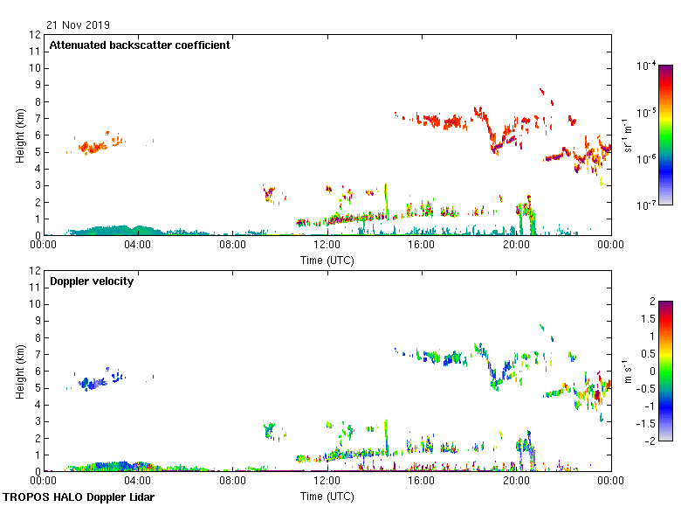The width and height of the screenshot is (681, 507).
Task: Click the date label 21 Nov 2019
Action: click(79, 24)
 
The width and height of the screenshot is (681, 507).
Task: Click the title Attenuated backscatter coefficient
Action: click(140, 45)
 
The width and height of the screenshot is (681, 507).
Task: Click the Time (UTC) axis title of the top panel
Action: click(327, 260)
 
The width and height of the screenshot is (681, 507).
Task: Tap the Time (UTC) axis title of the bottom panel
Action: click(327, 496)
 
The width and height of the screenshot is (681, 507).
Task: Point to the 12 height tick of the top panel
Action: click(36, 35)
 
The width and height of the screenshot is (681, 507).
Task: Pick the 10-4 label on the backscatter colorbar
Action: click(647, 66)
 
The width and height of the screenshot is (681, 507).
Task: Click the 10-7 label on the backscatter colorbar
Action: click(647, 205)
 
